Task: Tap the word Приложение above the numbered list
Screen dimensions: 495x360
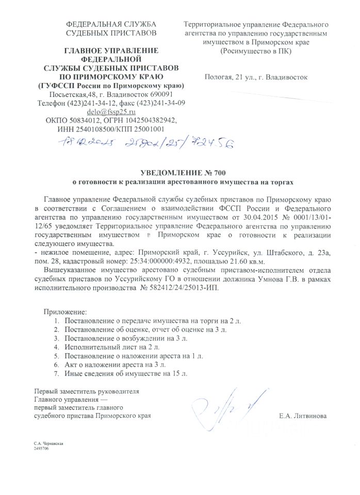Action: (x=65, y=312)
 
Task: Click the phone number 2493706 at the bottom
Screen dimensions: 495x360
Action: (x=41, y=449)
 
